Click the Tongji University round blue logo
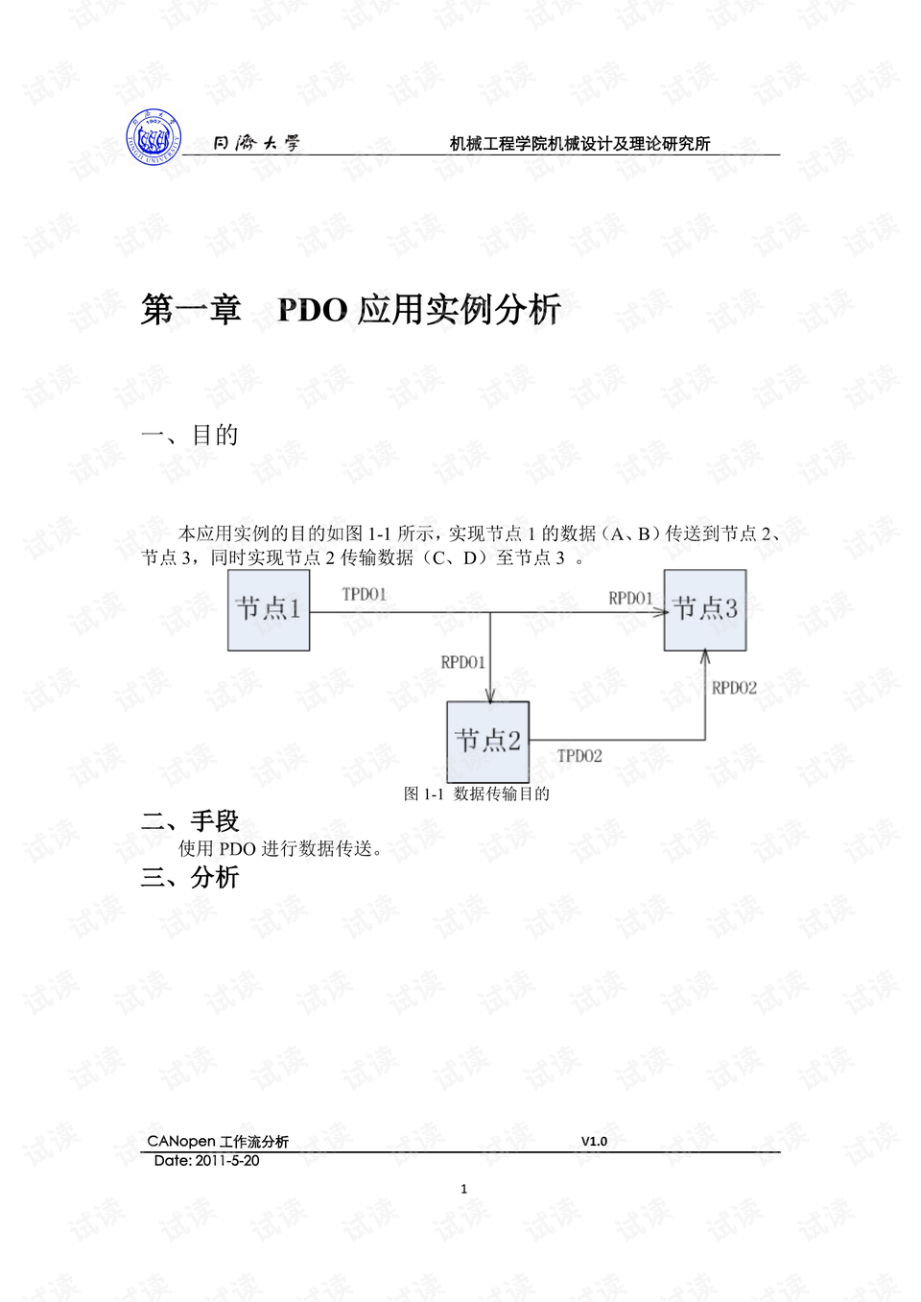(154, 137)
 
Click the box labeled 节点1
(269, 609)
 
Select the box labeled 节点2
(487, 742)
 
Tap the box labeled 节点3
(705, 609)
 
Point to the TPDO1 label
(364, 595)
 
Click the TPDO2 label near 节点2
(579, 756)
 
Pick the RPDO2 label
(735, 688)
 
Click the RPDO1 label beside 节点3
(630, 598)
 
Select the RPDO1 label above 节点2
(462, 663)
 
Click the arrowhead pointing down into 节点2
(490, 697)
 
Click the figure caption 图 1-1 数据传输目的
(477, 794)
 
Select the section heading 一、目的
(189, 436)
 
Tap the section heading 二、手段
(190, 821)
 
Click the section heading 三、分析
(190, 878)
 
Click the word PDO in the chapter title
(313, 310)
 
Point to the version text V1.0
(595, 1142)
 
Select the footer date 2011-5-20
(227, 1161)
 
